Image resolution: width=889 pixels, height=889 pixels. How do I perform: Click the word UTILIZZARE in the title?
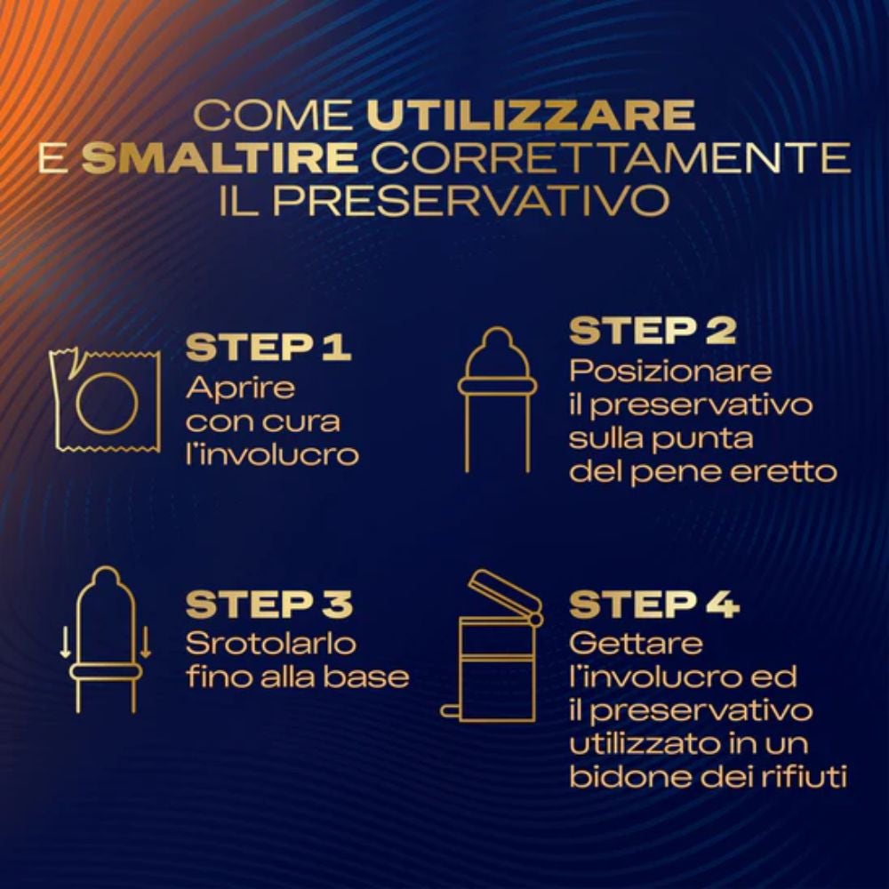point(531,115)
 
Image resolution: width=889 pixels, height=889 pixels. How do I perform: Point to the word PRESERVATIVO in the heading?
point(471,199)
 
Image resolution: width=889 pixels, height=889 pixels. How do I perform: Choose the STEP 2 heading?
point(653,330)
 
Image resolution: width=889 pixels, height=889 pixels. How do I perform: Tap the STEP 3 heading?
point(269,604)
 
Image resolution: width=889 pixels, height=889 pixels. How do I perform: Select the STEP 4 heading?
point(654,604)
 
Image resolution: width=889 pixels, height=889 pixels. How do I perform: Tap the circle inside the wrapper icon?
point(77,403)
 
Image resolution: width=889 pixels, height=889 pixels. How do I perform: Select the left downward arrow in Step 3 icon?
point(65,642)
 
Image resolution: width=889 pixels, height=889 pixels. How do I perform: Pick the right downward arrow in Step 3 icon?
point(146,642)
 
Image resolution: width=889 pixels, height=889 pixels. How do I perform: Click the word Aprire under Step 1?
point(240,389)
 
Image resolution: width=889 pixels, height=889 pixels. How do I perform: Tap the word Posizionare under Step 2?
point(670,371)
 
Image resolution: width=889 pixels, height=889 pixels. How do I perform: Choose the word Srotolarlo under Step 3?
point(271,644)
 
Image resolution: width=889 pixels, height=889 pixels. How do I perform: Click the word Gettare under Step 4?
point(637,644)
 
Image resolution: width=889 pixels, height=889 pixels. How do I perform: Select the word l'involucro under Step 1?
point(273,454)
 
